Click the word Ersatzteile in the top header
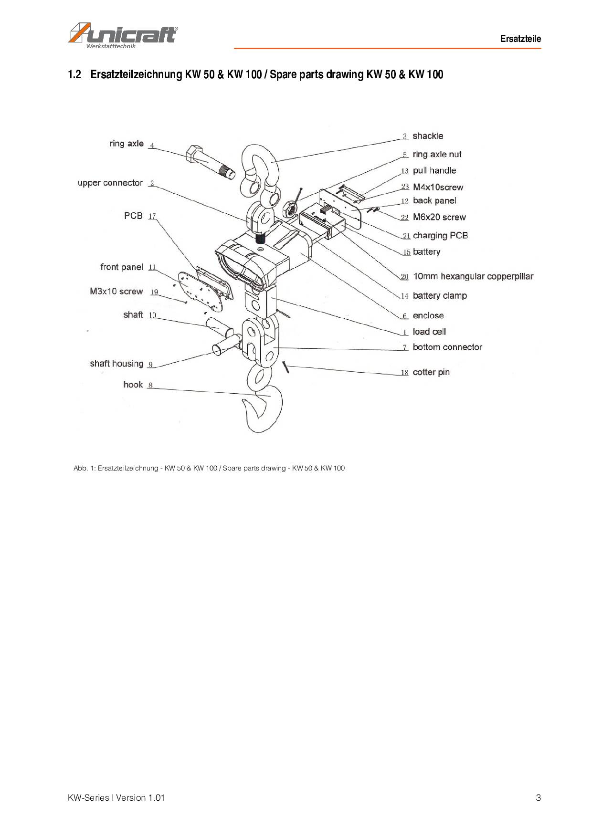(x=520, y=39)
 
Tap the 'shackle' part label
(x=428, y=136)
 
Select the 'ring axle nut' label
(x=437, y=154)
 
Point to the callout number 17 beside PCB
(x=152, y=216)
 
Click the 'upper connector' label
(x=110, y=183)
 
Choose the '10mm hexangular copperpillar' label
(x=473, y=276)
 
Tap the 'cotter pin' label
(x=431, y=372)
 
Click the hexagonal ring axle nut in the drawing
(x=289, y=208)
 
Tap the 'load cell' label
(x=429, y=332)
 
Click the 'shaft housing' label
(x=116, y=364)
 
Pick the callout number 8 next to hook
(x=150, y=385)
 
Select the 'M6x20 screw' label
(x=439, y=217)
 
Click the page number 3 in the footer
(x=538, y=797)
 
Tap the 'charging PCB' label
(x=440, y=235)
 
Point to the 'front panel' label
(x=121, y=267)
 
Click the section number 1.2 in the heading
(x=74, y=74)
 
